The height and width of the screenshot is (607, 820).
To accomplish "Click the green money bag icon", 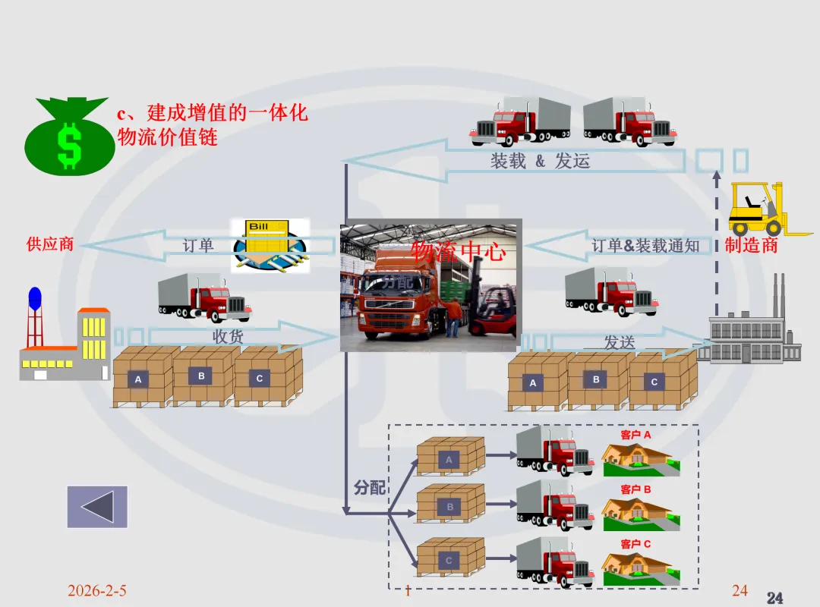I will pos(69,137).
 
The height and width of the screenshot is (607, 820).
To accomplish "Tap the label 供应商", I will pos(50,244).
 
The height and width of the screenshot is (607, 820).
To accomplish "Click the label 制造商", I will pos(751,244).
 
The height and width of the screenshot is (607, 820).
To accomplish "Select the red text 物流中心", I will pos(458,250).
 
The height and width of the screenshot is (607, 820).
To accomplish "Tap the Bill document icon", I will pos(270,245).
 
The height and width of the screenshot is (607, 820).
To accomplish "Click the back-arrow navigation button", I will pos(97,507).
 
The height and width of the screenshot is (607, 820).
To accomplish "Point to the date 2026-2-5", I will pos(96,590).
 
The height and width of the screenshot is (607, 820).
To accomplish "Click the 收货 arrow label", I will pos(227,336).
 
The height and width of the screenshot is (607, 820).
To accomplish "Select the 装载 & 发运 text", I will pos(540,161).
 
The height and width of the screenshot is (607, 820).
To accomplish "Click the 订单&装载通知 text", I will pos(645,245).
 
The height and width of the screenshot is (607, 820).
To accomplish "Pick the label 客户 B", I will pos(635,489).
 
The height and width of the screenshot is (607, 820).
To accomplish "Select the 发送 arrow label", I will pos(619,342).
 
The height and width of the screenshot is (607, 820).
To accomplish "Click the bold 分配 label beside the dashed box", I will pos(370,488).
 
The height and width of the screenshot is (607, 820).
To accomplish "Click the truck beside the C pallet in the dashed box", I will pos(554,562).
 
